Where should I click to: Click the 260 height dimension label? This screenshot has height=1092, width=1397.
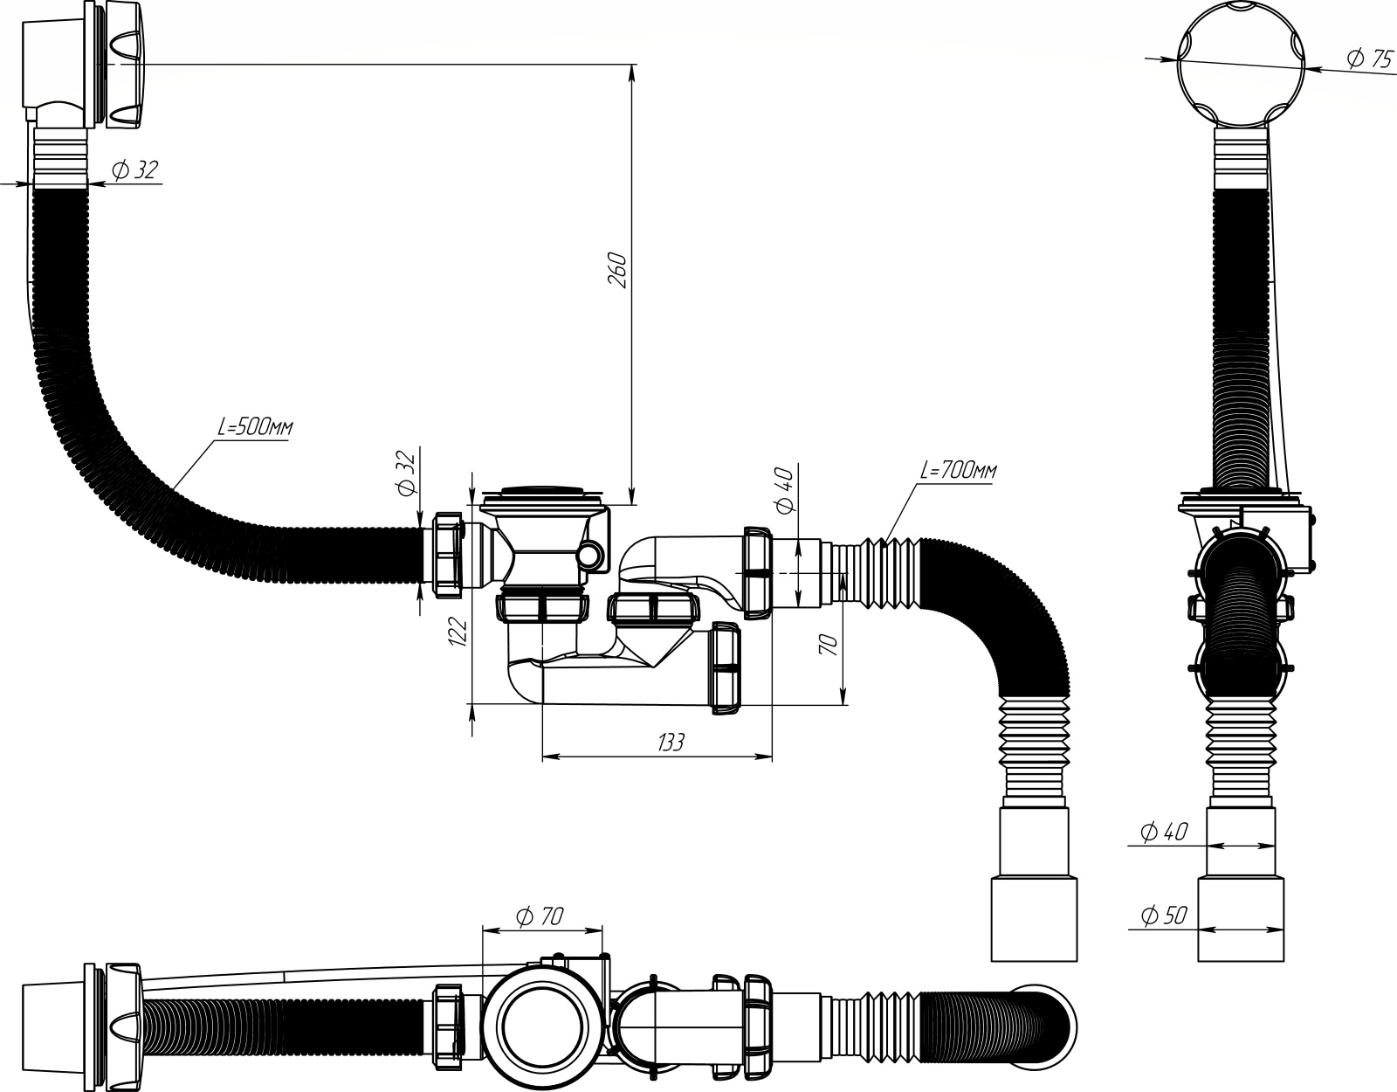coord(617,271)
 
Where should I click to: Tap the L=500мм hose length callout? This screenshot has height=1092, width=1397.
coord(255,427)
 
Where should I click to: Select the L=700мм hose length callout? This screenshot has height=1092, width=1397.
coord(959,470)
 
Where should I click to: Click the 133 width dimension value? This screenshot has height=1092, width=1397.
coord(671,743)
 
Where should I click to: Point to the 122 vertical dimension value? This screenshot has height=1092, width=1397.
coord(458,631)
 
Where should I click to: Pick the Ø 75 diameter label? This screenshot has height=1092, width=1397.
coord(1370,59)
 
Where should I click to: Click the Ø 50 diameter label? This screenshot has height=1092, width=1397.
coord(1164,916)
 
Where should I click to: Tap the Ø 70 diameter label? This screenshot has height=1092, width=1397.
coord(540,916)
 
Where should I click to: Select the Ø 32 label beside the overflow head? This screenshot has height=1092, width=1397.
coord(135,169)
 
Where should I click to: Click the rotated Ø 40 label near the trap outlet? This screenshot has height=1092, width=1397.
coord(786,490)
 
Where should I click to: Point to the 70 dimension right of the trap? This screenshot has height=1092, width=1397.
coord(829,645)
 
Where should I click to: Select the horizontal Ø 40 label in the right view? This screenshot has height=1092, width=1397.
coord(1164,832)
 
